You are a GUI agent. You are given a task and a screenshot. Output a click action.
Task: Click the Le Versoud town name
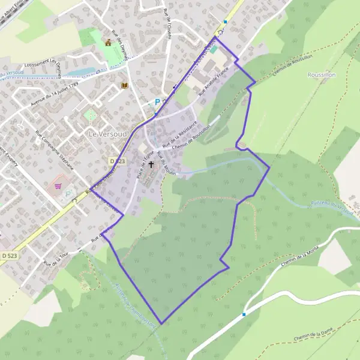tap(107, 133)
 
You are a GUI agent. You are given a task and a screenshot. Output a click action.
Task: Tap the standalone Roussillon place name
tap(321, 74)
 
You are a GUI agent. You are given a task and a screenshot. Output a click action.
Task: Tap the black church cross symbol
tap(151, 164)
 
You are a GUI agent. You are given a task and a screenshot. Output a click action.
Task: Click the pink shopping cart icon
tap(59, 186)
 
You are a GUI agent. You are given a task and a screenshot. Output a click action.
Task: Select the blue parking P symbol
tap(157, 103)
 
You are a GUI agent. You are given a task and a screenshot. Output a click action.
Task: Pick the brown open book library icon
tap(125, 86)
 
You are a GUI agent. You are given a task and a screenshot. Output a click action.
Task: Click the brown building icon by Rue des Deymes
tap(108, 42)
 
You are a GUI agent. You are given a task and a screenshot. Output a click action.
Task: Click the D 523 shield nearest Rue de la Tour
tap(8, 255)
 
